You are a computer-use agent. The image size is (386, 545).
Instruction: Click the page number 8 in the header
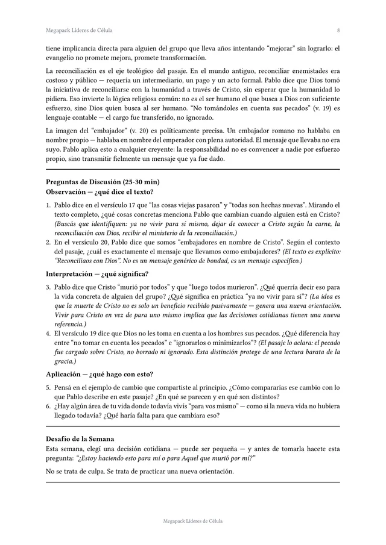338,30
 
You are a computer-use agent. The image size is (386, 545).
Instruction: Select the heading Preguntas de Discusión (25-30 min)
103,181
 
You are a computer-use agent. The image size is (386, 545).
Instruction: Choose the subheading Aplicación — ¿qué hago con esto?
100,375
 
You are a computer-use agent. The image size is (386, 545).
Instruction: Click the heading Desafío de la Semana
80,438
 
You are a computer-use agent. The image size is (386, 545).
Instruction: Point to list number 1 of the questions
48,205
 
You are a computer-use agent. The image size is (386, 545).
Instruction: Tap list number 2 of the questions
48,242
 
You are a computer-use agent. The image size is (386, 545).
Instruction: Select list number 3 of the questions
48,287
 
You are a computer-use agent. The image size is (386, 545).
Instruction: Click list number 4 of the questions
48,333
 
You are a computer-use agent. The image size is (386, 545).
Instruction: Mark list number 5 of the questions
48,388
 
